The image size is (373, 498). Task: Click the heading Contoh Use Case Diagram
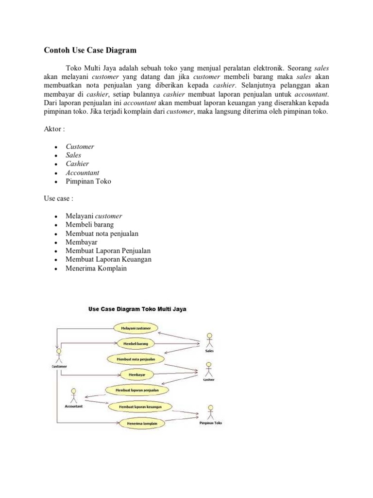[x=90, y=50]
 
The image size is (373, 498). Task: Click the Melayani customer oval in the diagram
[x=136, y=328]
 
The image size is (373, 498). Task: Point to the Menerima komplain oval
[x=139, y=423]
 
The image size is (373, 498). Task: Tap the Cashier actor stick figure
[x=209, y=370]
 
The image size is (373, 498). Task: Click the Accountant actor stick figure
[x=73, y=394]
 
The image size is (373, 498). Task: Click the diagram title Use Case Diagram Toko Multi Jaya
[x=137, y=309]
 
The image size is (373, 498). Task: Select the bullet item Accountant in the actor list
[x=83, y=173]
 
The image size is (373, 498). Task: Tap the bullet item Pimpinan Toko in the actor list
[x=88, y=181]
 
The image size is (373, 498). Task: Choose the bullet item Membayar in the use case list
[x=82, y=242]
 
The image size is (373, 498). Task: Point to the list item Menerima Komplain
[x=96, y=268]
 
